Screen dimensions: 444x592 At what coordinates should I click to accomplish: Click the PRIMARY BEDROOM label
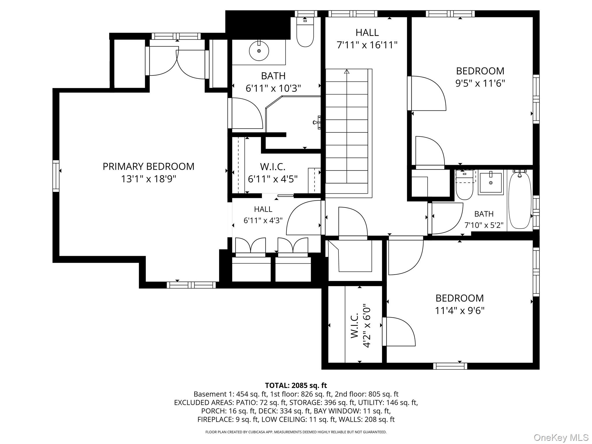pos(148,166)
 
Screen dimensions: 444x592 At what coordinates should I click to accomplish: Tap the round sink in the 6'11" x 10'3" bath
pos(259,51)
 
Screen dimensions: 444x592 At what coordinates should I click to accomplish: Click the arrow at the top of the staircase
pos(347,71)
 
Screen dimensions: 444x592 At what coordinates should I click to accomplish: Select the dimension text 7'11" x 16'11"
pos(367,45)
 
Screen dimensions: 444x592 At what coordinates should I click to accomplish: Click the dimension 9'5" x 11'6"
pos(480,84)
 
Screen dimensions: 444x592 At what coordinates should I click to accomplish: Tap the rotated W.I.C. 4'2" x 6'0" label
pos(360,326)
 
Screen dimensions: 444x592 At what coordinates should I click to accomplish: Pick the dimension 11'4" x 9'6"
pos(460,311)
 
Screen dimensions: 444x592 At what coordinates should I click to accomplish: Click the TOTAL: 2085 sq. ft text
pos(296,385)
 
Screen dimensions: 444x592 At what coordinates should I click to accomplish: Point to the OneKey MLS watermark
pos(561,438)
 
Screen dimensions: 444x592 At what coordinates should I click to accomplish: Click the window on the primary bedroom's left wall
pos(56,176)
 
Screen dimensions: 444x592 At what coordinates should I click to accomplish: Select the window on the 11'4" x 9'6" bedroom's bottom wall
pos(450,366)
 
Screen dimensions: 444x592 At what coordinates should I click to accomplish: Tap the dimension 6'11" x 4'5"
pos(273,179)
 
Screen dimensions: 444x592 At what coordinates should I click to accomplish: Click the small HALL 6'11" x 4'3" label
pos(263,214)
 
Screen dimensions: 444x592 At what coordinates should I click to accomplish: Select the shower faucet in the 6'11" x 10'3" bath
pos(317,122)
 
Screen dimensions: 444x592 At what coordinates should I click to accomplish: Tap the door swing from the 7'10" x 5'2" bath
pos(447,218)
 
